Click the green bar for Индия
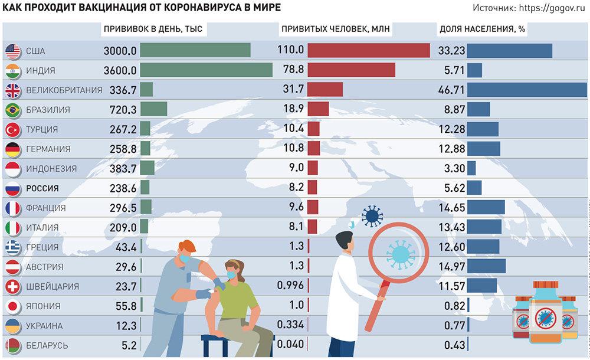coord(206,70)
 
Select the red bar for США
coord(369,51)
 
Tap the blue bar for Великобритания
coord(527,90)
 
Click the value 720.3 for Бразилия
coord(123,110)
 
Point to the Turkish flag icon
coord(12,129)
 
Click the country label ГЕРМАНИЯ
coord(48,149)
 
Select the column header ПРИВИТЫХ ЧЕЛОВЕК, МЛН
coord(336,29)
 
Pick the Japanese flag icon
coord(12,306)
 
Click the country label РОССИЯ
coord(42,188)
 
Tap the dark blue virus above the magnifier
coord(372,217)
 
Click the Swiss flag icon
coord(12,286)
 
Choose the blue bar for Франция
coord(486,208)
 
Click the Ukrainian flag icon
coord(12,325)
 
